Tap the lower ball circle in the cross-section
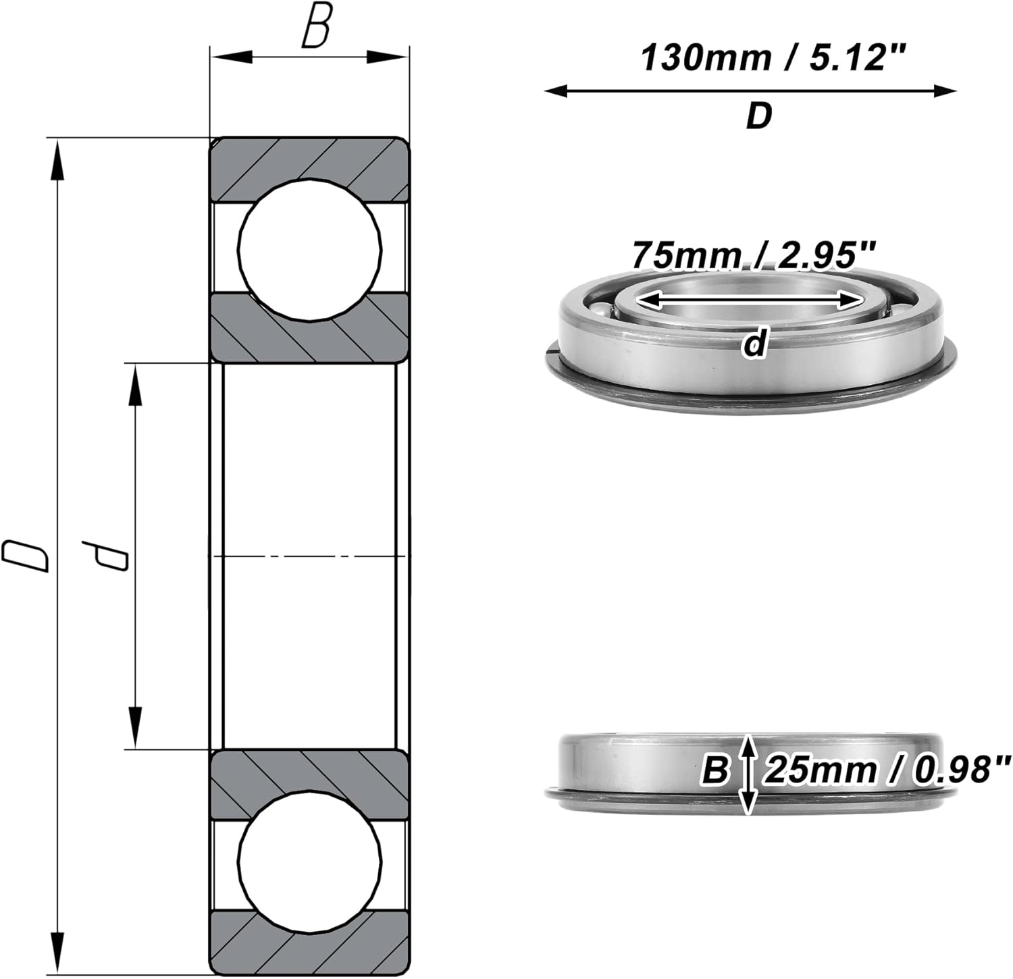(310, 862)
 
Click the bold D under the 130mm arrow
(758, 117)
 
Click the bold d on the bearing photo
(754, 344)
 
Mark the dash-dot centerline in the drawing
(310, 556)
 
